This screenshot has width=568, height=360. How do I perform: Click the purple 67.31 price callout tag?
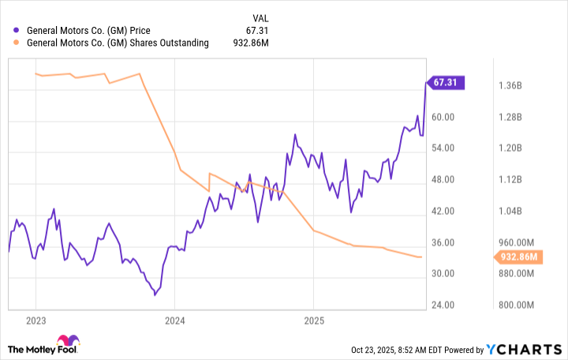447,82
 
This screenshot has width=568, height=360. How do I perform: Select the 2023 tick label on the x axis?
35,321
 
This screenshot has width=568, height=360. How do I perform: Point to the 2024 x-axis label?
174,321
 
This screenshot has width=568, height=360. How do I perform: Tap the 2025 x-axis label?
313,321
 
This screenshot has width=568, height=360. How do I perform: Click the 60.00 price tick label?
446,117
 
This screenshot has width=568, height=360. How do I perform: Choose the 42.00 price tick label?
446,212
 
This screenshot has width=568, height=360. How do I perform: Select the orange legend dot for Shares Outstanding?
17,43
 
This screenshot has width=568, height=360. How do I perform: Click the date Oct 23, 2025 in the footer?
375,350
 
